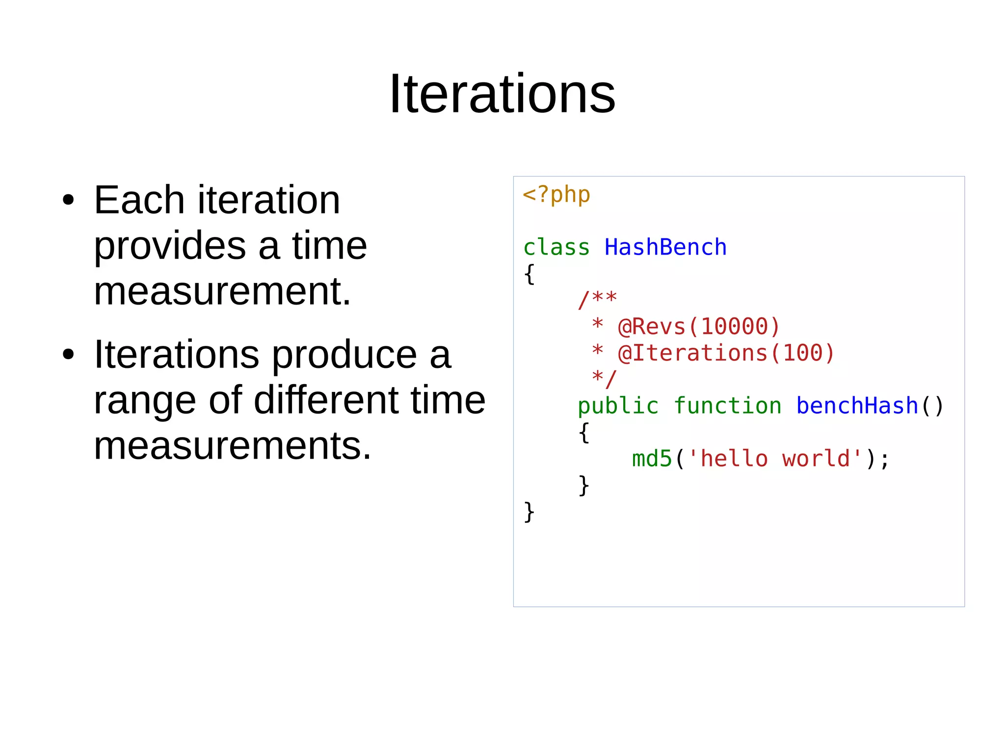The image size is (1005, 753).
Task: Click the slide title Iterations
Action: click(502, 94)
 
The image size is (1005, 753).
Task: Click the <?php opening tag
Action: click(556, 195)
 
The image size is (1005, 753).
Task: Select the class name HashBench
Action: click(665, 247)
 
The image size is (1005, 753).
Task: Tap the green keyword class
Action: click(556, 247)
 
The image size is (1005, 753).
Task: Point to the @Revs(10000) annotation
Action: click(699, 327)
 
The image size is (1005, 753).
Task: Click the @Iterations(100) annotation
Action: click(726, 353)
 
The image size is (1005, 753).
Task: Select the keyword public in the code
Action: click(618, 406)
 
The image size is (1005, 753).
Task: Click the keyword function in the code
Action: click(727, 406)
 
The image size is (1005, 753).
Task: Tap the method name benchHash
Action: click(857, 406)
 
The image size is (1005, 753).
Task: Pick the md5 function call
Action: click(652, 459)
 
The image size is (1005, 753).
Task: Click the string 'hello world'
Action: click(774, 459)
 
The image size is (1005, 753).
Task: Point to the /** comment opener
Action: click(597, 299)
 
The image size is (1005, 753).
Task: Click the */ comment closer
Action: click(604, 379)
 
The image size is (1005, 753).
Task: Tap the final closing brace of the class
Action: click(529, 512)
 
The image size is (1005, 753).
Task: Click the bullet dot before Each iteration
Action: click(68, 200)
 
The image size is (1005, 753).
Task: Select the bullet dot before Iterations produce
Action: click(68, 355)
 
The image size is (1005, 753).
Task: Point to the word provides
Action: click(170, 246)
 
